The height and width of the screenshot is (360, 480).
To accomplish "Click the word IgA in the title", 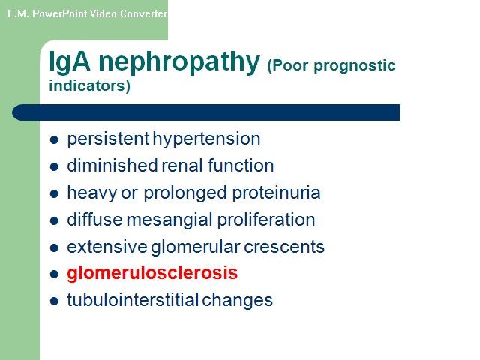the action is click(x=70, y=62).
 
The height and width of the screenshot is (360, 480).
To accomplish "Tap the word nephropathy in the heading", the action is click(x=179, y=63).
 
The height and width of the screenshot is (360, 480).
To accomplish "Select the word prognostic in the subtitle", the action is click(x=355, y=66).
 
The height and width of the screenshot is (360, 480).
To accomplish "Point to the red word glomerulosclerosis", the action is click(x=152, y=273).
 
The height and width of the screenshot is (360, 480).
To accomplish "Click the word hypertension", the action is click(x=207, y=139).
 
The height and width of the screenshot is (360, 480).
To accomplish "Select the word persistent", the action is click(x=108, y=139).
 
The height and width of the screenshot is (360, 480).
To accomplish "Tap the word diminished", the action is click(x=112, y=166).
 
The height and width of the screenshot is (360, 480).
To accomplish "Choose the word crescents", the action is click(x=283, y=247).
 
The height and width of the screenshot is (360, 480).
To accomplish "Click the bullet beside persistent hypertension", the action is click(x=54, y=140).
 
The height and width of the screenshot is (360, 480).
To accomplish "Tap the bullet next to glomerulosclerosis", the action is click(x=54, y=274).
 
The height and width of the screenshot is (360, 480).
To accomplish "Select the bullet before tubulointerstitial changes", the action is click(x=54, y=301).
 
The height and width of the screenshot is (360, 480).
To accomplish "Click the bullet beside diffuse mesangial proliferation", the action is click(x=54, y=220).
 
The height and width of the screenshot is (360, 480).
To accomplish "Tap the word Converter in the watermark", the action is click(x=143, y=13).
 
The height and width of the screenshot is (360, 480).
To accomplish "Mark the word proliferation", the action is click(x=266, y=220).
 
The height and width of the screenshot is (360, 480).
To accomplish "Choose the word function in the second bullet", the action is click(x=241, y=166).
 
